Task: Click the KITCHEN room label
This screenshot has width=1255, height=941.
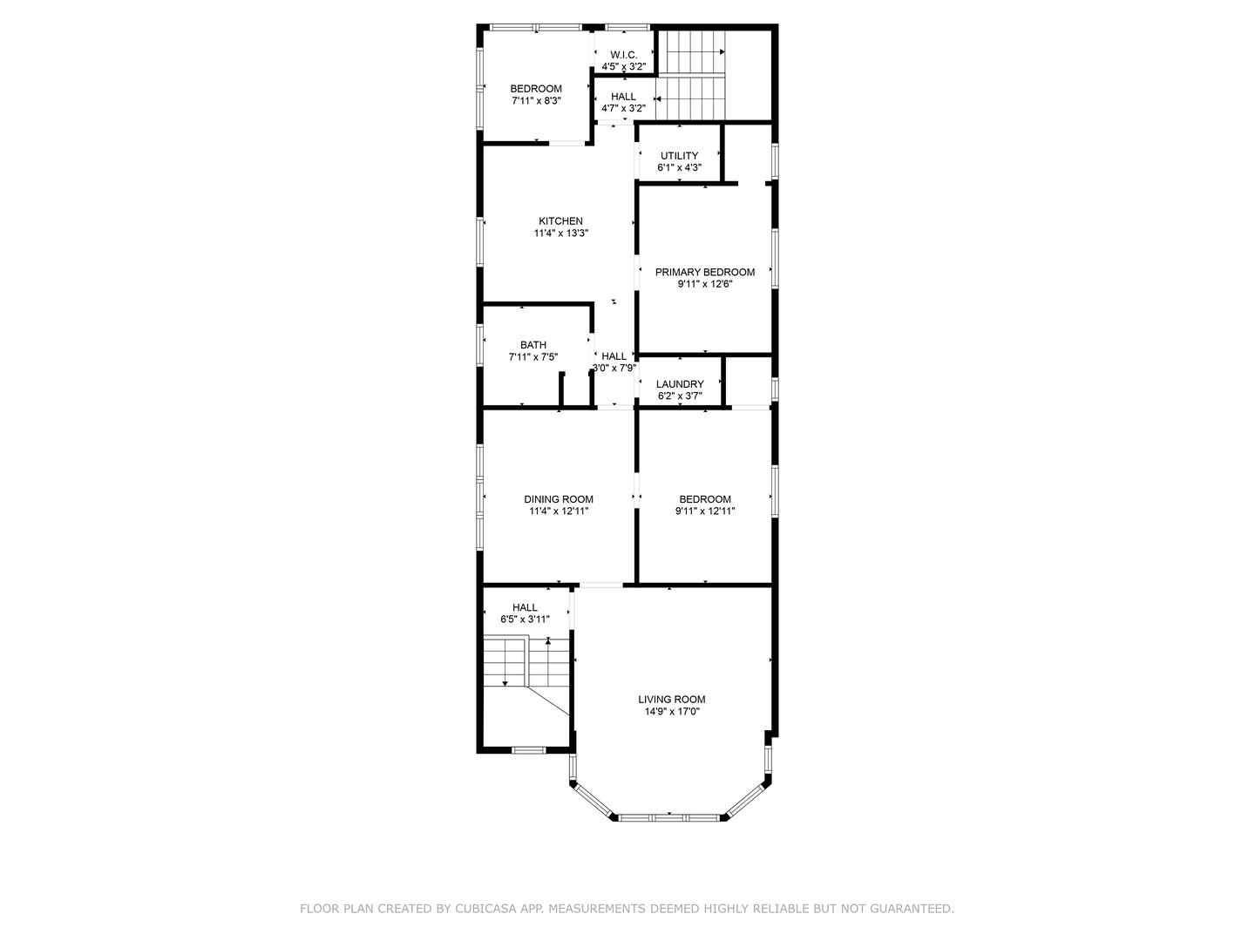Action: [x=560, y=221]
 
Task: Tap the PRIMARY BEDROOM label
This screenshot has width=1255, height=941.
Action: [x=705, y=272]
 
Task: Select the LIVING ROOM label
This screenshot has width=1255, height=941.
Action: [x=671, y=699]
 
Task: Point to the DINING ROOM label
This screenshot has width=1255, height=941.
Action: [x=559, y=499]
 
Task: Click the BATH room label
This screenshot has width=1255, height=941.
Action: [x=533, y=345]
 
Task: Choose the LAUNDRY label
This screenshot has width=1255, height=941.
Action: [x=680, y=384]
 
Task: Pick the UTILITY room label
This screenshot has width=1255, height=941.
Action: [x=679, y=156]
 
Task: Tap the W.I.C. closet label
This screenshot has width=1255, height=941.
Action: [x=623, y=55]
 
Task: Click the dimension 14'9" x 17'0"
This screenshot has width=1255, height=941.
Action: [x=671, y=712]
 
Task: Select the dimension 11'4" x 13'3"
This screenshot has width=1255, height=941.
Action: [x=560, y=234]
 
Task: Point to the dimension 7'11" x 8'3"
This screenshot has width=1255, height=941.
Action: [x=536, y=101]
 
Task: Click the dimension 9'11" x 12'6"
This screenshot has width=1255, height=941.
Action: [x=705, y=284]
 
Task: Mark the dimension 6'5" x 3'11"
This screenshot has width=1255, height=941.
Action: [x=525, y=619]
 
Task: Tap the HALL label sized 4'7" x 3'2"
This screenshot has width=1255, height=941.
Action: [x=623, y=97]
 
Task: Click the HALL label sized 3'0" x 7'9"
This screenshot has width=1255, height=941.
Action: [x=614, y=355]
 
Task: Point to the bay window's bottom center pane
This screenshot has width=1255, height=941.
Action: [x=669, y=817]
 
